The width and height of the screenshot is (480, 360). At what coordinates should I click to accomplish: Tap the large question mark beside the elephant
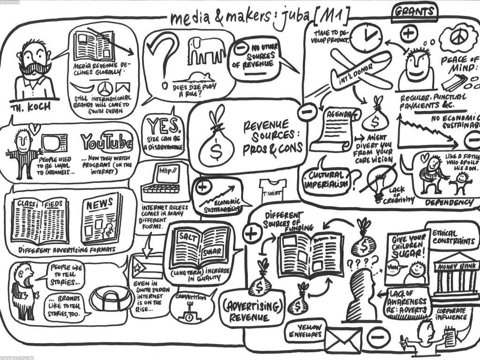[162, 59]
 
